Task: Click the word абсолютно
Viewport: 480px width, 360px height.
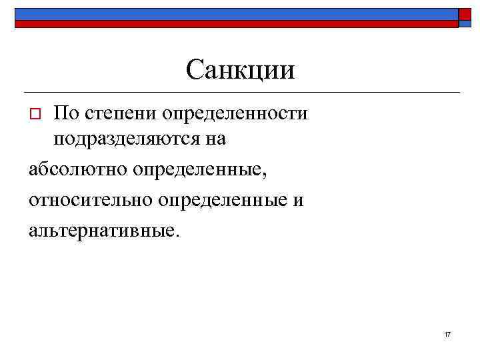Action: pos(78,171)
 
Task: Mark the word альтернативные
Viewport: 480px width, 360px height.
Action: pos(102,231)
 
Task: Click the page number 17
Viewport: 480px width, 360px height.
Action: pos(447,333)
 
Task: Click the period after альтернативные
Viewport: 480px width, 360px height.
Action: pos(177,236)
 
